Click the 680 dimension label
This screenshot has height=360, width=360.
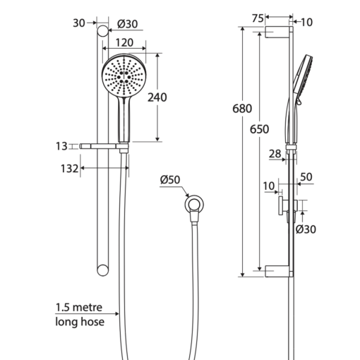click(x=242, y=109)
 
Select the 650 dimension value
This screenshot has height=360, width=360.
click(x=259, y=129)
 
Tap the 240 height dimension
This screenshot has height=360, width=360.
click(x=157, y=97)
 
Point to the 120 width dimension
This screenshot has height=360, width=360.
click(x=124, y=42)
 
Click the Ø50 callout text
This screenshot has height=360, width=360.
click(x=170, y=180)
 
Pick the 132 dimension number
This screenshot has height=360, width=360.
click(x=69, y=169)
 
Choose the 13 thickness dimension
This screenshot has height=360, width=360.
click(x=61, y=146)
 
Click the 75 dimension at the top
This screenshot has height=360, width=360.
click(x=258, y=18)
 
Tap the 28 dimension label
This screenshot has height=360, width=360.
click(x=275, y=154)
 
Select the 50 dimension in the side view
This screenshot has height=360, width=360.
click(x=306, y=177)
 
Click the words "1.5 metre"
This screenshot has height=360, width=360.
click(x=79, y=307)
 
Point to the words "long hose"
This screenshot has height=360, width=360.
click(x=80, y=322)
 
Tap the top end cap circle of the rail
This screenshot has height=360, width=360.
click(x=103, y=31)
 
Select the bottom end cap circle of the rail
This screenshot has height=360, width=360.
click(x=103, y=270)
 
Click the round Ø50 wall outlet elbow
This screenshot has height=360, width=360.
click(x=194, y=205)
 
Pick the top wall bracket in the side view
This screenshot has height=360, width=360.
click(x=279, y=32)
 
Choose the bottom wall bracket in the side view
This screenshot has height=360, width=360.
click(x=279, y=271)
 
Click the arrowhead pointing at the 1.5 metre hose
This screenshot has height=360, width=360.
click(x=116, y=313)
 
